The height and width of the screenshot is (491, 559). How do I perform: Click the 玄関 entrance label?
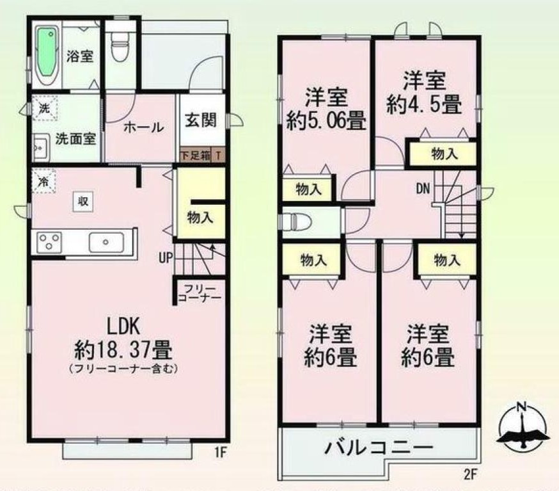[x=200, y=121]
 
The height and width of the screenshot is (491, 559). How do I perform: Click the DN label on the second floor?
[x=423, y=189]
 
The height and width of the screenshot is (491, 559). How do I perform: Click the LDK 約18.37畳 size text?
[x=123, y=351]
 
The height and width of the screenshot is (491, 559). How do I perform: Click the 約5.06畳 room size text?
[x=326, y=120]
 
